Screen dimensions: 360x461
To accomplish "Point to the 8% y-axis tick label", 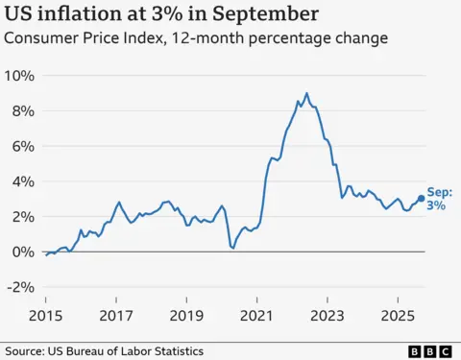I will [x=23, y=111].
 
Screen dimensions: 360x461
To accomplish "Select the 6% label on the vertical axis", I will [x=23, y=146].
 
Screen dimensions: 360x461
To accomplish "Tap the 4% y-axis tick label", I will [x=23, y=181].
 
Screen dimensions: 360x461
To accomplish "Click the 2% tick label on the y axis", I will [x=23, y=217].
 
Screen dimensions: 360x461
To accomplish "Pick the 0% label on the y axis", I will [x=23, y=252].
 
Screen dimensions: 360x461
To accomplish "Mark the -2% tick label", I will [x=21, y=287].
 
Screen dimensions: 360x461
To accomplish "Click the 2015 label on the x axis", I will [x=45, y=314].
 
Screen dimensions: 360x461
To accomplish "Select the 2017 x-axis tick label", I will [x=116, y=314].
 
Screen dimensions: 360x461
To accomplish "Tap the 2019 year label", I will [x=186, y=314].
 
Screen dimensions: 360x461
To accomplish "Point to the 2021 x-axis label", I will [x=257, y=314].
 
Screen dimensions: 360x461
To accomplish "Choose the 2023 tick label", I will [x=328, y=314].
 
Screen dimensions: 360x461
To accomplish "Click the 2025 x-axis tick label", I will [x=398, y=314].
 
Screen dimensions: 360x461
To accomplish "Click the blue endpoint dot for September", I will [x=421, y=199].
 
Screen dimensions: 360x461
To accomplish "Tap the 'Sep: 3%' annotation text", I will [x=437, y=199].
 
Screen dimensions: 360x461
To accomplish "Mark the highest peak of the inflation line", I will [x=306, y=93].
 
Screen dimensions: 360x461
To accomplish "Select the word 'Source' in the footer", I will [x=28, y=349].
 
